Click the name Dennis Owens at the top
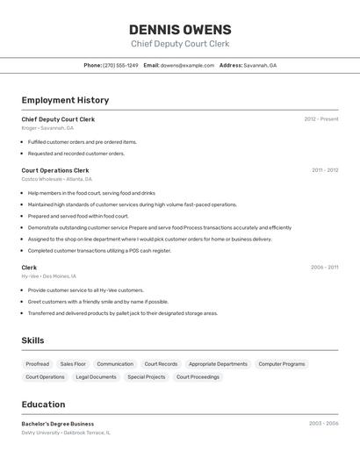pos(180,29)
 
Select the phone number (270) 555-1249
pos(120,66)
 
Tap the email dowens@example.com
pos(187,66)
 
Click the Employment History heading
pos(65,101)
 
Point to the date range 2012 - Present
pos(320,119)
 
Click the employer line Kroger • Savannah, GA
pos(47,128)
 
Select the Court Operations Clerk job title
pos(55,170)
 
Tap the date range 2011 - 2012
pos(324,170)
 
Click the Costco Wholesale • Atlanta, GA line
pos(57,179)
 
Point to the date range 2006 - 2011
pos(324,268)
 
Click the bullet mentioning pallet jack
pos(123,313)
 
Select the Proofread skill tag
pos(38,363)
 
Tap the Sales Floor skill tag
pos(73,363)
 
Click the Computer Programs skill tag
pos(282,363)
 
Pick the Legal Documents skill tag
pos(96,377)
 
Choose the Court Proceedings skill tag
pos(198,377)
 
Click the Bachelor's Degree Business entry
pos(58,424)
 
